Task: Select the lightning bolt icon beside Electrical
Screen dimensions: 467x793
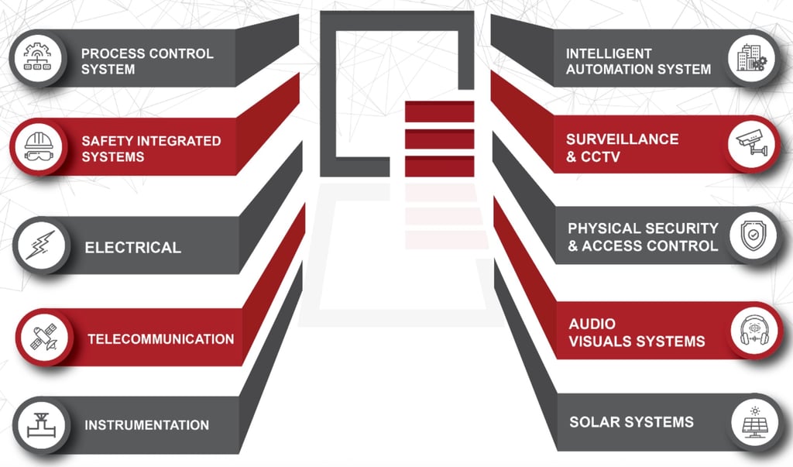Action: pos(39,247)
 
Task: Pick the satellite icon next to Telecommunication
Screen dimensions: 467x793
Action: pos(43,338)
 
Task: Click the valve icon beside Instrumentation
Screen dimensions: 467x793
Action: pos(39,424)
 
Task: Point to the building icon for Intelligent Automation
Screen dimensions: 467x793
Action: pos(751,59)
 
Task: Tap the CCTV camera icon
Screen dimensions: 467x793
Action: pos(754,146)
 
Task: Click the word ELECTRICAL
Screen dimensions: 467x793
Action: pos(132,248)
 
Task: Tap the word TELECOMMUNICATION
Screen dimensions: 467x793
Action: pos(160,338)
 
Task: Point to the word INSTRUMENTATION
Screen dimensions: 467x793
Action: pos(146,424)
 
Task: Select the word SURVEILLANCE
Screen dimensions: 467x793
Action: pos(622,139)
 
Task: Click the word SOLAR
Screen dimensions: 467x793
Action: pos(594,422)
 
